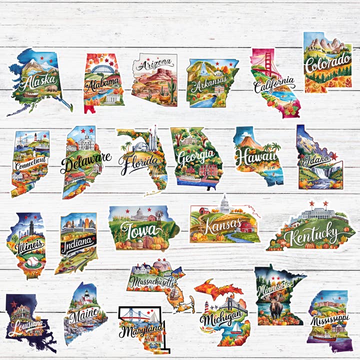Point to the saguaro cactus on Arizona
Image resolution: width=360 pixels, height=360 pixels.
coord(171,88)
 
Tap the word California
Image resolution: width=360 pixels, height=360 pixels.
coord(273,84)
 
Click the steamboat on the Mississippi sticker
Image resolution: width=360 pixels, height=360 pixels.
coord(324,337)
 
